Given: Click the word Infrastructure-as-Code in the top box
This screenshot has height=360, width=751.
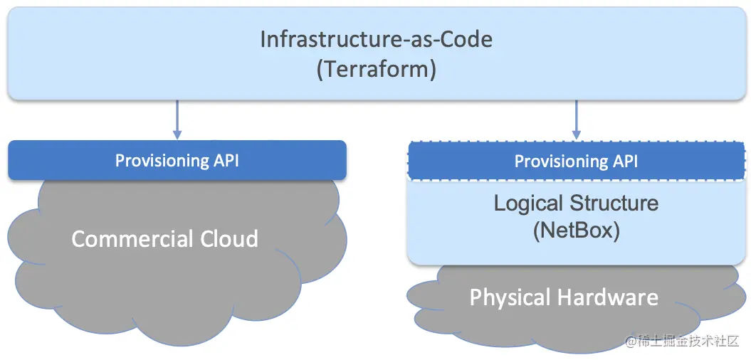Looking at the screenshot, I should (x=376, y=38).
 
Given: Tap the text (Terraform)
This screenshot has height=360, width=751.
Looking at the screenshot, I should (x=376, y=70).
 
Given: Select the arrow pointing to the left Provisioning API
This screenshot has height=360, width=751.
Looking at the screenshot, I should (x=177, y=119).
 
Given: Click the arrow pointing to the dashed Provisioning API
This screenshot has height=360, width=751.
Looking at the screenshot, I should (x=577, y=119).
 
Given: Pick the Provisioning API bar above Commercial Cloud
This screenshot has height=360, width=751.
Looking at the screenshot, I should (x=177, y=160).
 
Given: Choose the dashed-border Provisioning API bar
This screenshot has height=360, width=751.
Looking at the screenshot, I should (x=577, y=161).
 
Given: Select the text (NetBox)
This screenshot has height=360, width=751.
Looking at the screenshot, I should (x=576, y=231).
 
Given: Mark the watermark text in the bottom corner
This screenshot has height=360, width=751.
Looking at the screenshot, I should (x=683, y=342).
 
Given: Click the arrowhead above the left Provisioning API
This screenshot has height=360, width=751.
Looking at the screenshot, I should (x=177, y=133).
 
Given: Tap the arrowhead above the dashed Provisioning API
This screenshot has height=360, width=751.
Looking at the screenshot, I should (x=577, y=133).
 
